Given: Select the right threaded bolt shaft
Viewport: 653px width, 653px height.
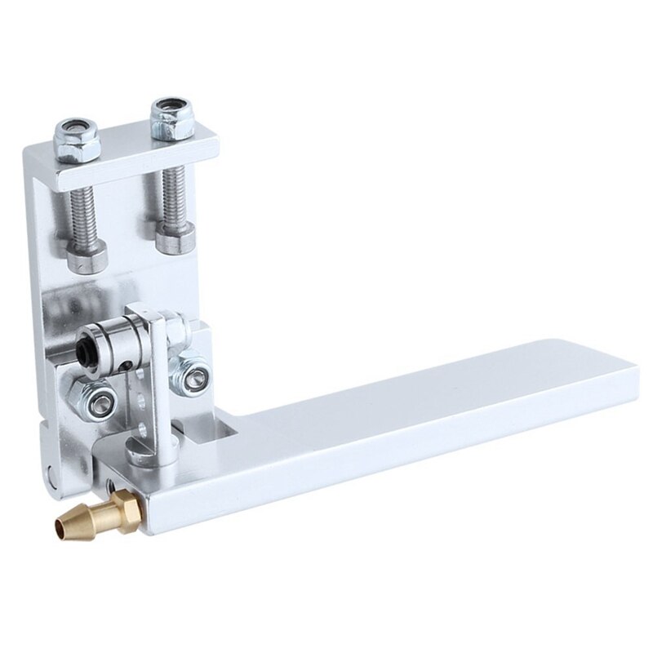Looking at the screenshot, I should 175,197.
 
